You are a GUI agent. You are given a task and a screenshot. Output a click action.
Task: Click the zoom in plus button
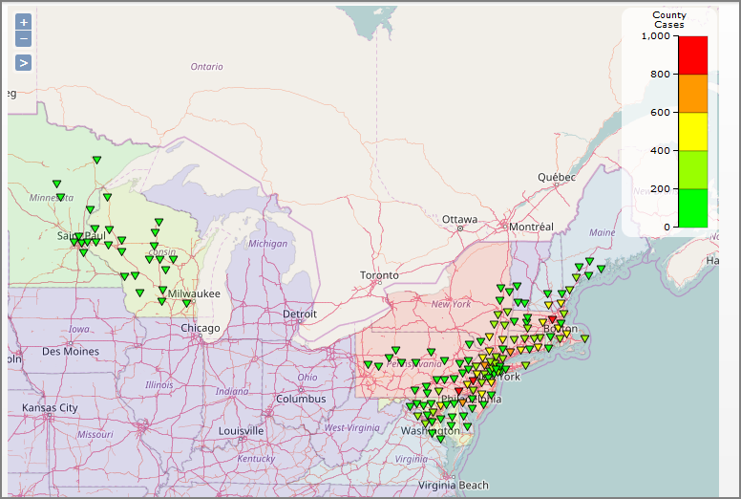(24, 21)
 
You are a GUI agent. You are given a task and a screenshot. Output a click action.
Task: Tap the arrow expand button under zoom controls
(24, 62)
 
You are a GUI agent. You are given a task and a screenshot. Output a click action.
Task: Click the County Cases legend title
(668, 19)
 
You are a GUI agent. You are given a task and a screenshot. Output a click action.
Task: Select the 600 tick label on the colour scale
(661, 113)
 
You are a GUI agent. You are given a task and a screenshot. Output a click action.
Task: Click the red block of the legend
(692, 55)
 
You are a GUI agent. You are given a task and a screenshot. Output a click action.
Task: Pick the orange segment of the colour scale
(692, 94)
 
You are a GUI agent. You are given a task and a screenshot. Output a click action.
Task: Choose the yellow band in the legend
(692, 132)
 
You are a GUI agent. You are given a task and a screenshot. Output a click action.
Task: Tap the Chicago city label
(201, 328)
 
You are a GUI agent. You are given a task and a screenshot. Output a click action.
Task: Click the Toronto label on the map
(379, 275)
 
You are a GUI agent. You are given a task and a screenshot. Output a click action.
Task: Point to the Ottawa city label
(459, 219)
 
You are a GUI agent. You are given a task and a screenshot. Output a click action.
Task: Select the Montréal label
(531, 227)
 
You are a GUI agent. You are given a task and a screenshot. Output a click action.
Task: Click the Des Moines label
(70, 351)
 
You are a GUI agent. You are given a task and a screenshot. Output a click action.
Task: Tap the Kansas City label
(50, 407)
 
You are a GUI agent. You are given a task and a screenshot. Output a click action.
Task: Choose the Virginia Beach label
(453, 485)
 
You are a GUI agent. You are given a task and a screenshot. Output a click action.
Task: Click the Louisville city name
(241, 430)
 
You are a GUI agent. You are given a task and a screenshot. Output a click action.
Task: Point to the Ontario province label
(206, 67)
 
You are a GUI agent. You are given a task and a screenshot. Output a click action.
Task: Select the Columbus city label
(301, 399)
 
